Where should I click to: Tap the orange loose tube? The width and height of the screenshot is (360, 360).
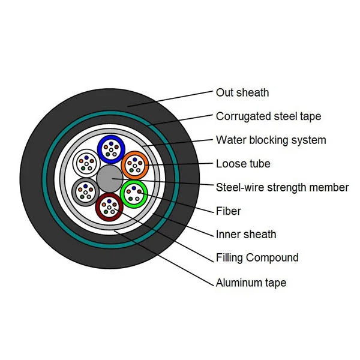point(134,163)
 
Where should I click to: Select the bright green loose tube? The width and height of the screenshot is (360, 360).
point(134,193)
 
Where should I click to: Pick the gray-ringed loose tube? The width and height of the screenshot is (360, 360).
point(85,192)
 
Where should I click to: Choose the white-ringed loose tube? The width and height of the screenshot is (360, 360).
point(85,162)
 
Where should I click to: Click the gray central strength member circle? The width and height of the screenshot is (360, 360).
point(110,178)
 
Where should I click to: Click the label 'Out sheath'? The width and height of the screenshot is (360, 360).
point(242,92)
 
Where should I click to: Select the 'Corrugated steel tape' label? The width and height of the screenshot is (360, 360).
point(268,116)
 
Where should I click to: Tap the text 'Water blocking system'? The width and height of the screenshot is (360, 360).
point(271,140)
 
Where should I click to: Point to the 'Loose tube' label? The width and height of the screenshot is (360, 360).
point(243,164)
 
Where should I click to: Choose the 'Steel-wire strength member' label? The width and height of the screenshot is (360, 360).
point(282,187)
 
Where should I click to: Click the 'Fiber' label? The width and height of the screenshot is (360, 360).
point(229,211)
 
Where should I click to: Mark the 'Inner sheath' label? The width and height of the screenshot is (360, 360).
point(246,235)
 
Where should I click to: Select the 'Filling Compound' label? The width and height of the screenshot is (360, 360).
point(257,258)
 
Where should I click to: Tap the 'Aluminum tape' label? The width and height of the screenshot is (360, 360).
point(251,283)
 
